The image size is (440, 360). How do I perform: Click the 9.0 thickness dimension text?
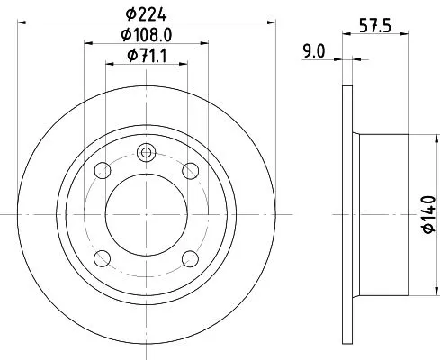point(314,52)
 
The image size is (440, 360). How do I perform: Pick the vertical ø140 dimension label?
point(427,216)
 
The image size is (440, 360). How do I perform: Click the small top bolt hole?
point(146,152)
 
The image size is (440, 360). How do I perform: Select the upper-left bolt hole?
point(101,171)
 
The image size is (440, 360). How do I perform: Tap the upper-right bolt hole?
point(190,171)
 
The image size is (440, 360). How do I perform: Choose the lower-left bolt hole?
point(101,259)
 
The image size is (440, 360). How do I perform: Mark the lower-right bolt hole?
point(190,259)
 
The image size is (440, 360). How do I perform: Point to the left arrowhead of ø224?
point(20,22)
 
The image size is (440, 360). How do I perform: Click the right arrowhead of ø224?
point(270,22)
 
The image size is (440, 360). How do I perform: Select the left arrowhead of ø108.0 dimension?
point(87,43)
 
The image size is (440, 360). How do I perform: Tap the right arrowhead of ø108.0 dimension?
point(203,43)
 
